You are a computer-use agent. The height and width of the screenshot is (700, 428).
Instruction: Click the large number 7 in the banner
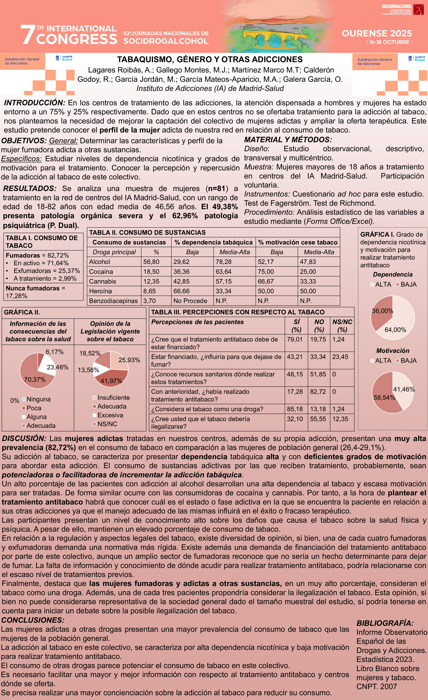[x=28, y=35]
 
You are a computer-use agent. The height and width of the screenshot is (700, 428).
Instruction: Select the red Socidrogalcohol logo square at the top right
[x=418, y=9]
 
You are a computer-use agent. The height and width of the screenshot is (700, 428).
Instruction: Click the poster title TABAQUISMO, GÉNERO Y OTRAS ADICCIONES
[x=210, y=59]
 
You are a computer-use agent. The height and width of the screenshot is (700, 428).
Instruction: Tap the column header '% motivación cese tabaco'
[x=298, y=242]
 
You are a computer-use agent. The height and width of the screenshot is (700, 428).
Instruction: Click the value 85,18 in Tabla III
[x=295, y=409]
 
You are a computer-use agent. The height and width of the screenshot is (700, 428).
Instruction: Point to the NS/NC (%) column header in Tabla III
[x=342, y=326]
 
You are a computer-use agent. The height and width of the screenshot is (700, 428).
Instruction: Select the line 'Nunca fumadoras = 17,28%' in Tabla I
[x=36, y=292]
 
